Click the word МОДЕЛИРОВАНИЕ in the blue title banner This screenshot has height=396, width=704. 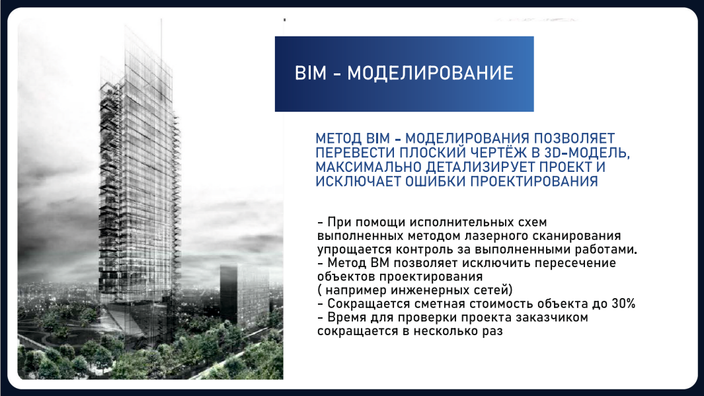point(430,73)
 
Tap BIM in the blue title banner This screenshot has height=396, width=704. point(310,73)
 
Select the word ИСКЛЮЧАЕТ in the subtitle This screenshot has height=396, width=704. point(358,181)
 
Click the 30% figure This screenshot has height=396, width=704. point(623,304)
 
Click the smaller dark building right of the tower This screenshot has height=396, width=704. point(244,294)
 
